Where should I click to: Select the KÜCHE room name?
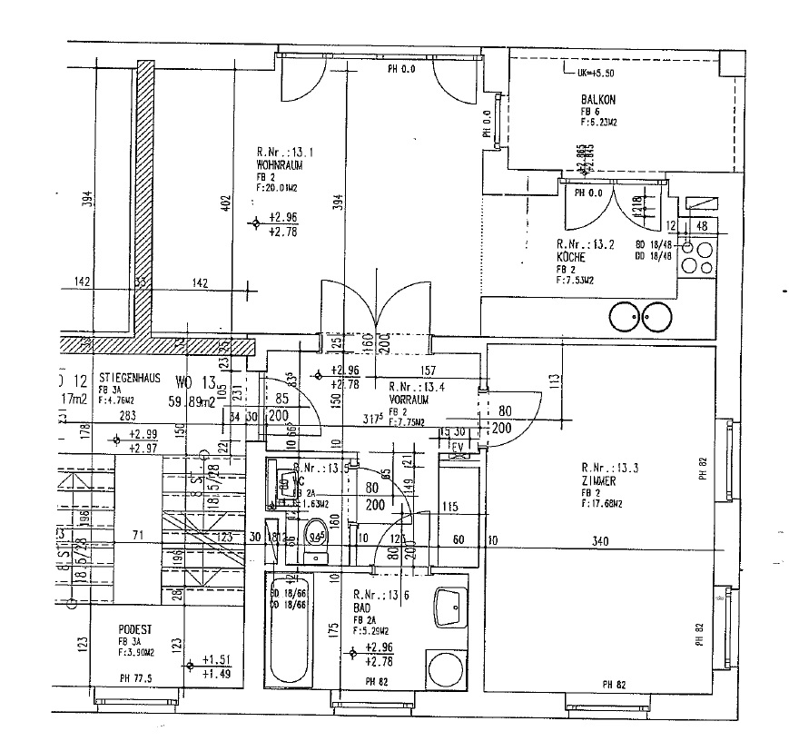[572, 257]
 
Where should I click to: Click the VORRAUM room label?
[409, 399]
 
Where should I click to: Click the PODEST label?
[133, 628]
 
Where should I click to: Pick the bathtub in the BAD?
[289, 629]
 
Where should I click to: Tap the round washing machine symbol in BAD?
[448, 669]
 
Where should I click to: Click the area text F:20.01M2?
[279, 188]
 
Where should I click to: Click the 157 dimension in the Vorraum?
[429, 370]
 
